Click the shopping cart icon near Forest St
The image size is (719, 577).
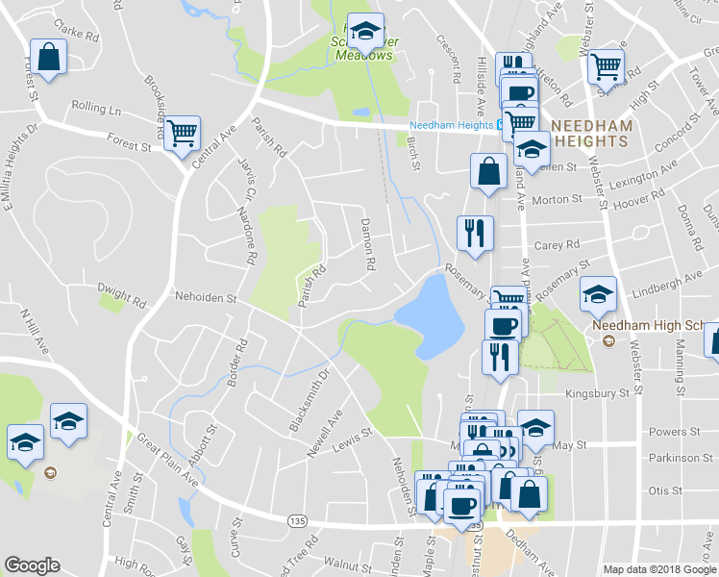(x=181, y=133)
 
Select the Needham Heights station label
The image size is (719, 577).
(x=452, y=126)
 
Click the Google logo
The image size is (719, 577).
(x=33, y=564)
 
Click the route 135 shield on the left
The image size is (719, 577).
(x=296, y=520)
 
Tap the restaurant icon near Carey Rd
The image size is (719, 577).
(x=475, y=234)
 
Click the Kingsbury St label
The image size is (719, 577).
(x=597, y=393)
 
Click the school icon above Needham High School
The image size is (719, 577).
(x=598, y=292)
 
